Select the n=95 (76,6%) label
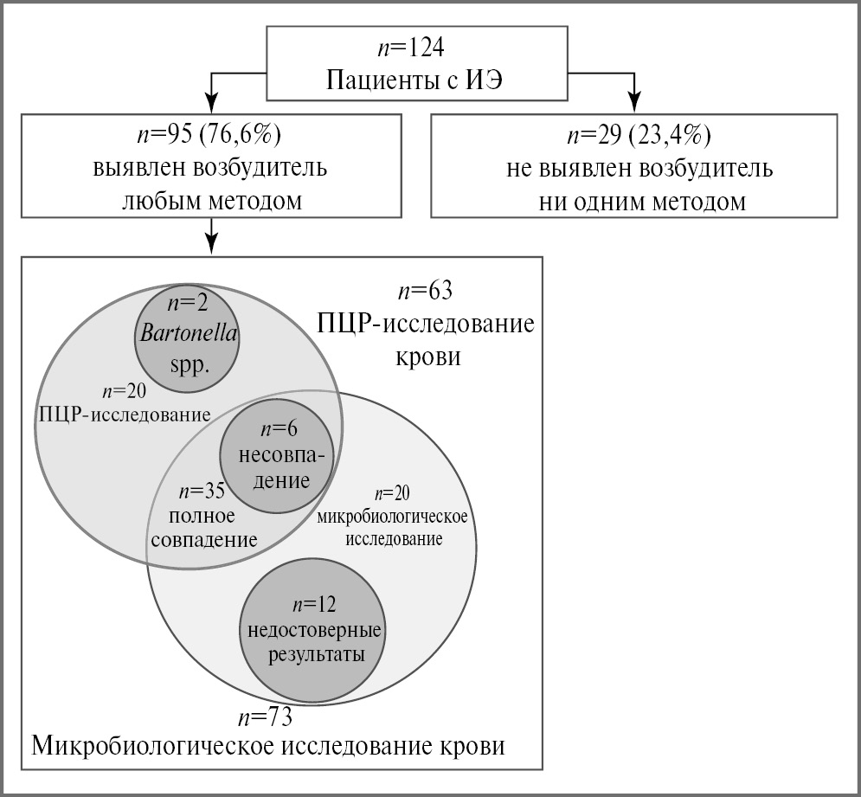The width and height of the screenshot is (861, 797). [x=211, y=135]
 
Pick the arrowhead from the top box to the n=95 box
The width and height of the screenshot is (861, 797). [x=211, y=102]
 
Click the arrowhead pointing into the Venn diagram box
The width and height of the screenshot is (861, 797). [x=211, y=244]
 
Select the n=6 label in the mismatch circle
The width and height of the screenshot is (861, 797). [x=276, y=428]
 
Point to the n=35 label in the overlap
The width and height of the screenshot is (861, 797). [x=202, y=491]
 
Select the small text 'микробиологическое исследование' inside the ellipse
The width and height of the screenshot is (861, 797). [x=394, y=527]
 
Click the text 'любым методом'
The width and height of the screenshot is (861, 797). [x=211, y=202]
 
